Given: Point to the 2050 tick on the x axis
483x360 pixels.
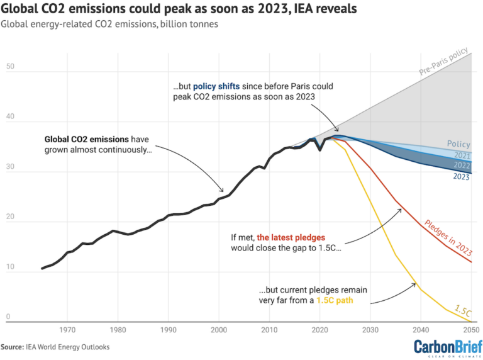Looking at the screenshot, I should pyautogui.click(x=470, y=329).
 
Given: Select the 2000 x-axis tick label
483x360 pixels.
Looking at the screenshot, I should pyautogui.click(x=218, y=329).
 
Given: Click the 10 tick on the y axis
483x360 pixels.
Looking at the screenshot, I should pyautogui.click(x=10, y=267).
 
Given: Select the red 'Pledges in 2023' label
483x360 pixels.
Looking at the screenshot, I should pyautogui.click(x=448, y=237).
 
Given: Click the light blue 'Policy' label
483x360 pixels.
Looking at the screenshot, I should pyautogui.click(x=458, y=144).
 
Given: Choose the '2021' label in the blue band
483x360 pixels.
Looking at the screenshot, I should pyautogui.click(x=462, y=155).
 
